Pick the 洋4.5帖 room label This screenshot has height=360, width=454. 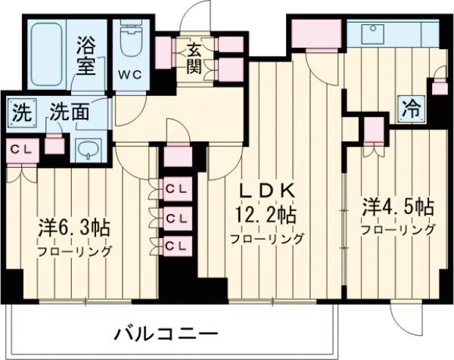pos(396,206)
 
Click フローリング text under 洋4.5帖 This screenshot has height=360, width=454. pos(397,229)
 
